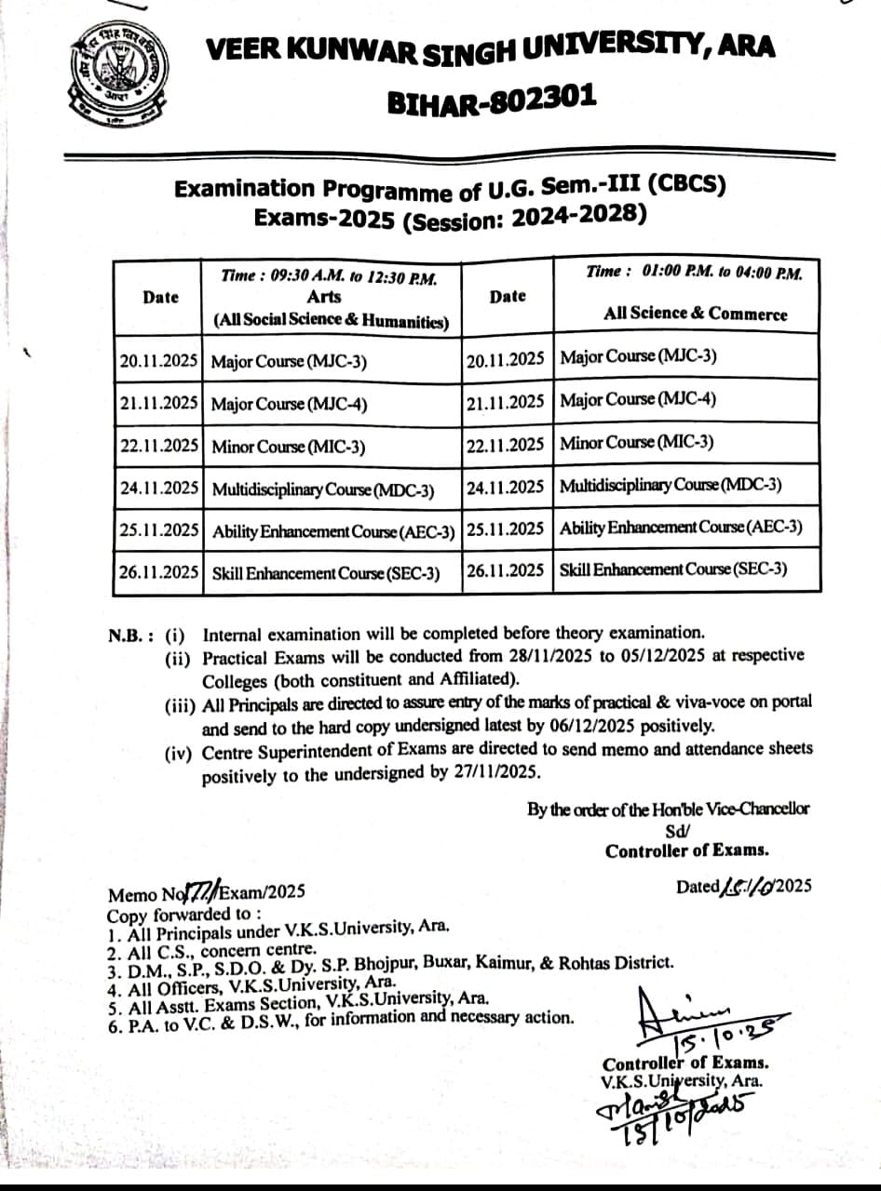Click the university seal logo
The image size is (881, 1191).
tap(117, 75)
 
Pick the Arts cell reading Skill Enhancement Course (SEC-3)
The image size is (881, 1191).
tap(326, 573)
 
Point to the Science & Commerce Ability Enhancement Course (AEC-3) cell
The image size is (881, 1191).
tap(681, 528)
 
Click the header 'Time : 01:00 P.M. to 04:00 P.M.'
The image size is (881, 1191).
tap(694, 272)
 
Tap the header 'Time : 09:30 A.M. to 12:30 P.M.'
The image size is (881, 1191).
tap(328, 276)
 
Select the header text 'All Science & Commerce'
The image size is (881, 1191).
tap(695, 314)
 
